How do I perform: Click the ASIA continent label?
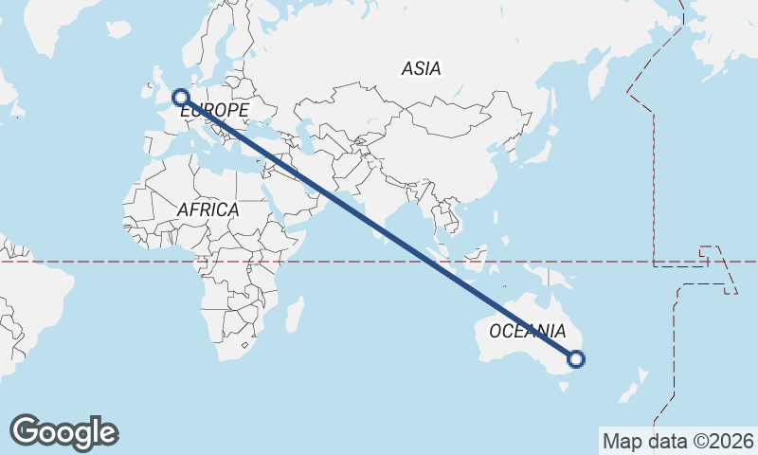click(421, 68)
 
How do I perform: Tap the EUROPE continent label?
click(214, 111)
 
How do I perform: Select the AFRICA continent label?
click(208, 209)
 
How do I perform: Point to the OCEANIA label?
click(527, 331)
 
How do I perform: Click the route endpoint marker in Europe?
click(179, 96)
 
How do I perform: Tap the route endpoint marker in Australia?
click(575, 358)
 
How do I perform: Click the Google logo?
click(63, 432)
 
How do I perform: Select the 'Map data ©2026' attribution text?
click(677, 441)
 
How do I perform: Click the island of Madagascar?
click(296, 314)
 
